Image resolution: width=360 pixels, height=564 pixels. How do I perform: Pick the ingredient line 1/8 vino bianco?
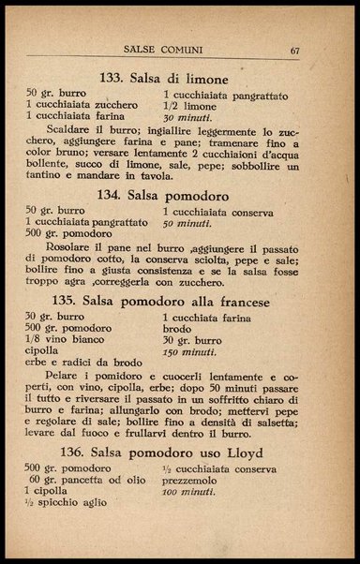(68, 342)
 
